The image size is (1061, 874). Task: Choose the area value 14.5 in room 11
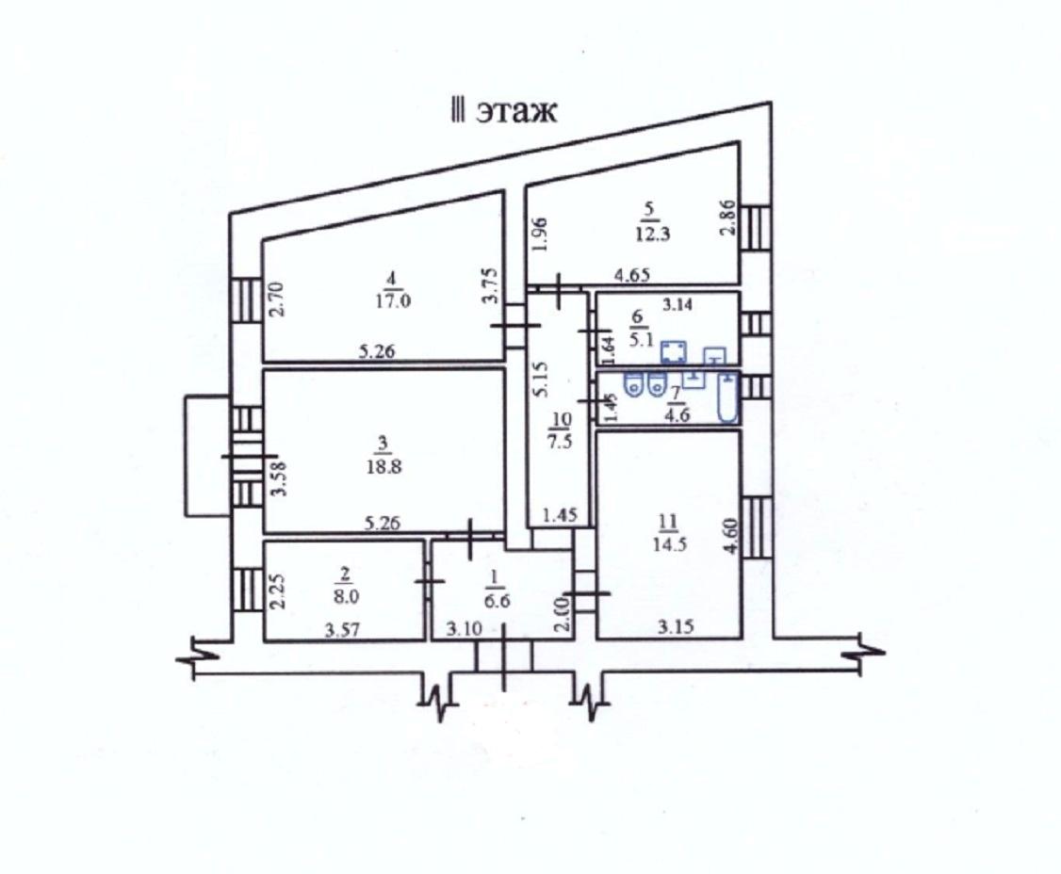pos(670,543)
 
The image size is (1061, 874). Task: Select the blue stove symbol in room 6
pos(673,353)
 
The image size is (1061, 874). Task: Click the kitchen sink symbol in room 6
pos(715,356)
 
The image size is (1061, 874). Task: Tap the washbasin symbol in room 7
pos(694,379)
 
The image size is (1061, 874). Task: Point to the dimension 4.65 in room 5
pos(634,275)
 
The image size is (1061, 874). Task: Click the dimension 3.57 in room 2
pos(342,632)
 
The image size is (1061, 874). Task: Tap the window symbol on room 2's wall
pos(247,590)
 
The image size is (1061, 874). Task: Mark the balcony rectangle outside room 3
pos(206,456)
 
